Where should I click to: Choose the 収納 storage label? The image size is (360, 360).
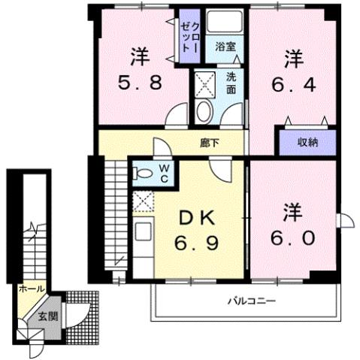click(307, 141)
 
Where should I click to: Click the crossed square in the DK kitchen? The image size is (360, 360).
click(143, 200)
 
